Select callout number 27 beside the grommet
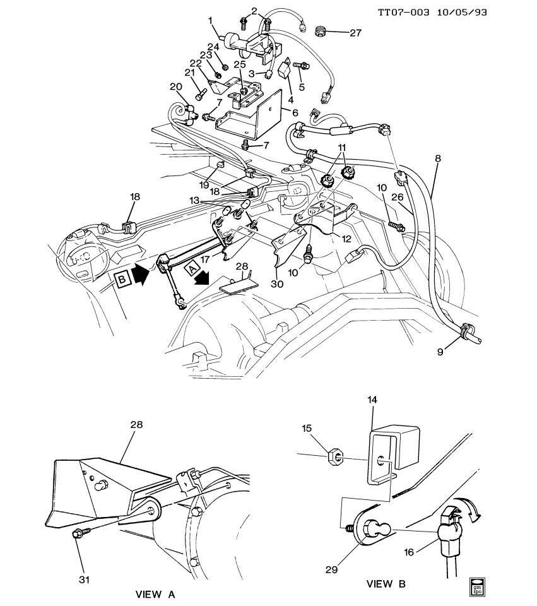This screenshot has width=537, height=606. point(355,33)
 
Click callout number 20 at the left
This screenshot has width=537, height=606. point(175,86)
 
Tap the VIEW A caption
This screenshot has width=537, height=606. point(155,595)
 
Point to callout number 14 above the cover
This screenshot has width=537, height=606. point(372,400)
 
